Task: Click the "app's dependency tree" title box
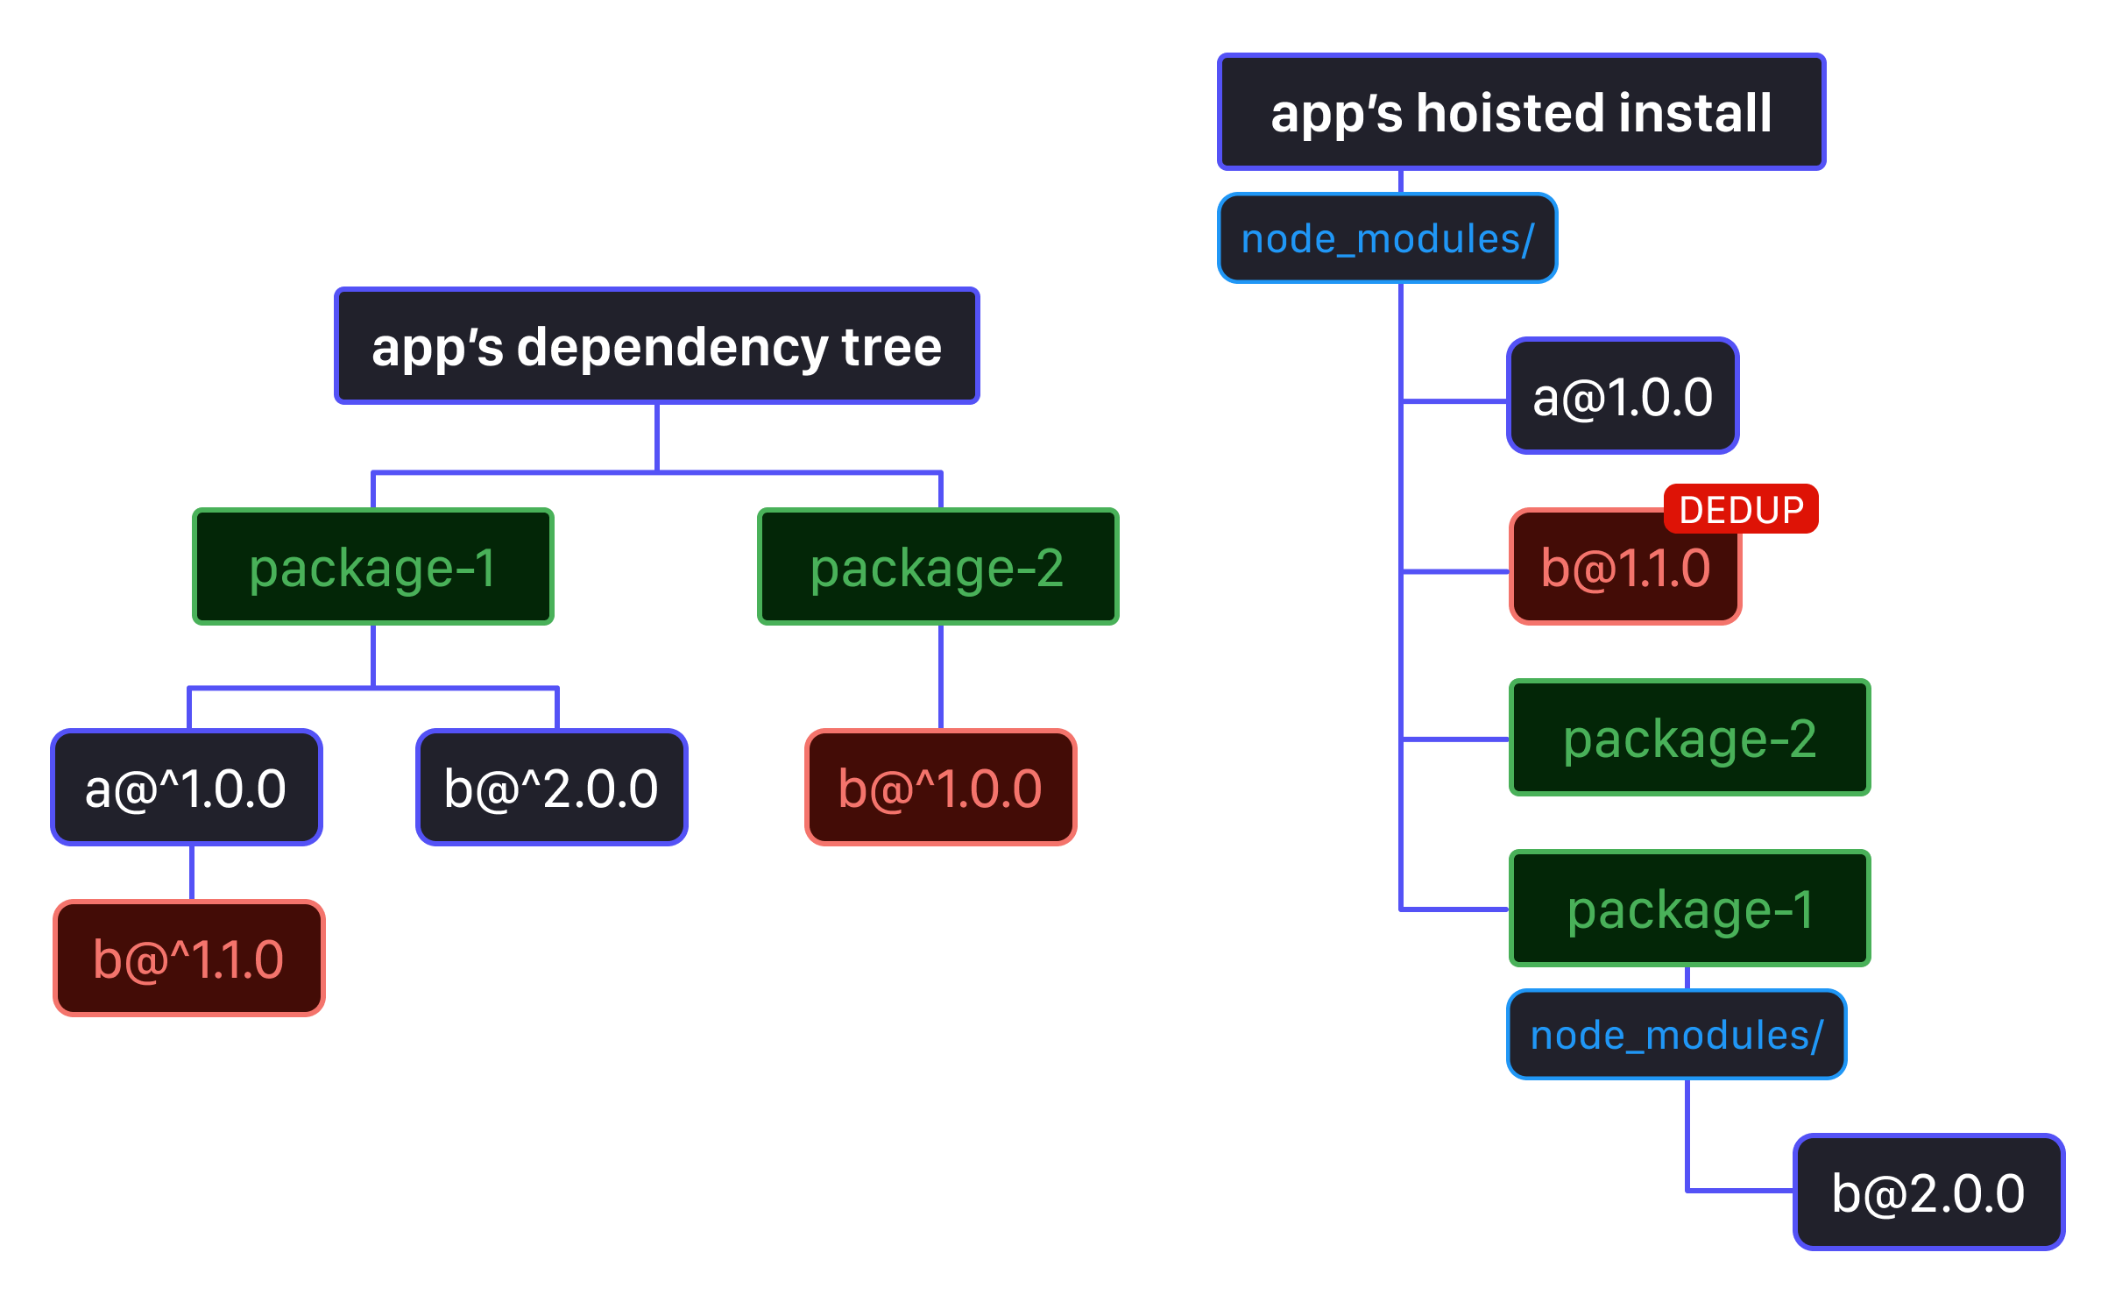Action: click(x=656, y=346)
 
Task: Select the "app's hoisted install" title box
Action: click(x=1521, y=112)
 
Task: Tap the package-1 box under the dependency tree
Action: click(x=373, y=567)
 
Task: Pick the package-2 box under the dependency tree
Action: click(x=937, y=567)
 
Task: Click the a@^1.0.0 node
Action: click(x=187, y=788)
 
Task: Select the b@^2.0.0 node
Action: click(x=551, y=788)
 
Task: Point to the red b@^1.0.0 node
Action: click(x=940, y=788)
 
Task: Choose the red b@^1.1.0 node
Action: click(x=189, y=959)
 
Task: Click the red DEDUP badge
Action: click(x=1740, y=509)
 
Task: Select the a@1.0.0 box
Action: click(x=1622, y=396)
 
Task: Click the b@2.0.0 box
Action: click(x=1928, y=1192)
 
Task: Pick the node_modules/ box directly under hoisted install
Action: click(x=1387, y=238)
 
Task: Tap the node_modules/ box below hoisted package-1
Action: click(x=1676, y=1035)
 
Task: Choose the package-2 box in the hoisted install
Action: click(x=1689, y=738)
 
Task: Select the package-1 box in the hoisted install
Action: click(x=1689, y=909)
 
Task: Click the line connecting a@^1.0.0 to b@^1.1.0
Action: click(x=191, y=873)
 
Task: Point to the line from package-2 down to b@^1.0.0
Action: click(x=941, y=676)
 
